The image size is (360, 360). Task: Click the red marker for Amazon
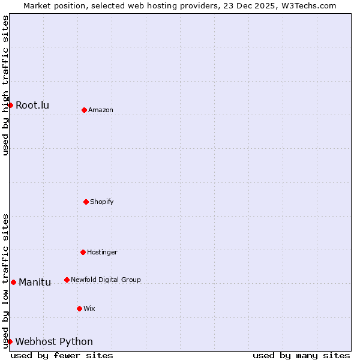tap(84, 110)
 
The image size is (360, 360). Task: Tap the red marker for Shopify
tap(86, 202)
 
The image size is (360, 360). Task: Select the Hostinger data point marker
tap(83, 252)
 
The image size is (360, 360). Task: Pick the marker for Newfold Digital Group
tap(67, 280)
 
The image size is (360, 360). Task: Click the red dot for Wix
tap(79, 308)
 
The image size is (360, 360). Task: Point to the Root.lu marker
tap(10, 105)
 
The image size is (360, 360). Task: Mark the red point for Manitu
tap(13, 282)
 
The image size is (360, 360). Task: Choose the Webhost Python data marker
tap(10, 341)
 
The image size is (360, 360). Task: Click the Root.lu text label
tap(32, 106)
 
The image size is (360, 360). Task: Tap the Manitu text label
tap(35, 283)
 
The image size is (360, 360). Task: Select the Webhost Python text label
tap(54, 342)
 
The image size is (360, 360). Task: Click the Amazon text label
tap(101, 110)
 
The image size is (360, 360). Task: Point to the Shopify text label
tap(102, 202)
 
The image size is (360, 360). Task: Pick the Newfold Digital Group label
tap(106, 280)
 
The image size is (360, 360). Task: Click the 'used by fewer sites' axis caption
tap(62, 355)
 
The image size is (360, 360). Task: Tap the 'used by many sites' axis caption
tap(301, 355)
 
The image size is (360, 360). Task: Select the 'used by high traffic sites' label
tap(5, 85)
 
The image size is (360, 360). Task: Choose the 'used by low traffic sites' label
tap(5, 281)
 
